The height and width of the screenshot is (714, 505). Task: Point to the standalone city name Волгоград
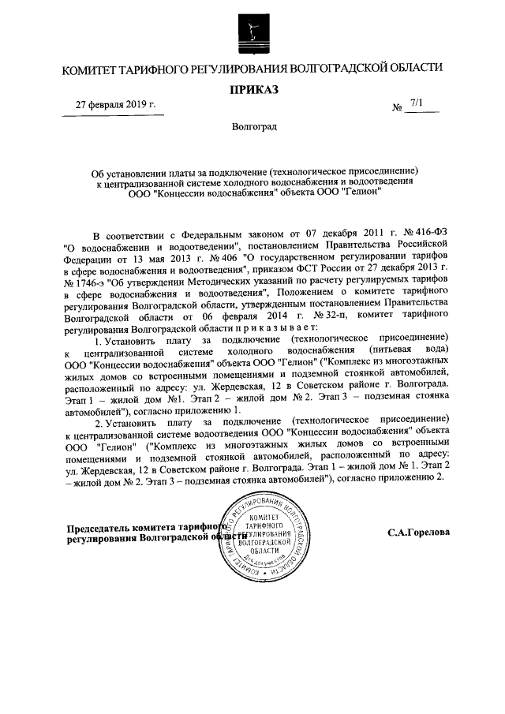[x=254, y=128]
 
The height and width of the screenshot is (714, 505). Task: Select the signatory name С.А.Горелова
[x=419, y=533]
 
